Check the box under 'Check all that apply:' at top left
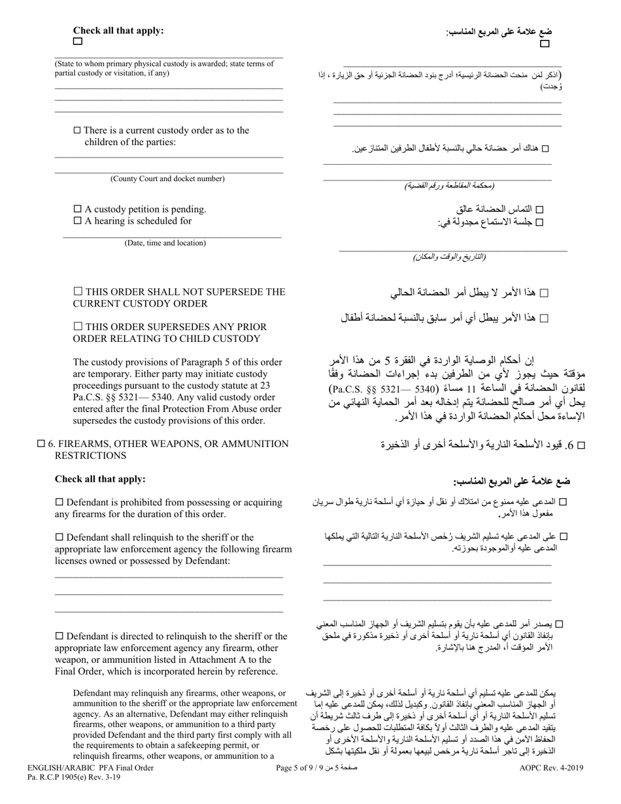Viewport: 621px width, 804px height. click(78, 41)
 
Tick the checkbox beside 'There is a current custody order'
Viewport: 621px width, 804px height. click(77, 130)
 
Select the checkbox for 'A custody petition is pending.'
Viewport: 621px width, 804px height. click(77, 209)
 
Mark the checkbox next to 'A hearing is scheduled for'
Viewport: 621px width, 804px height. click(77, 221)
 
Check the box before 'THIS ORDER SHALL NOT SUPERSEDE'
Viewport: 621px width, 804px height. click(78, 292)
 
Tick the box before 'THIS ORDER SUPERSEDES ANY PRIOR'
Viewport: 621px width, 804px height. click(78, 326)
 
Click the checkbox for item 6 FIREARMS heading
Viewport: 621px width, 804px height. click(41, 444)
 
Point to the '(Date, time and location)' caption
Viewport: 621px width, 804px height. click(165, 243)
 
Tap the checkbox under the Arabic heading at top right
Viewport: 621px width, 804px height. click(545, 44)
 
